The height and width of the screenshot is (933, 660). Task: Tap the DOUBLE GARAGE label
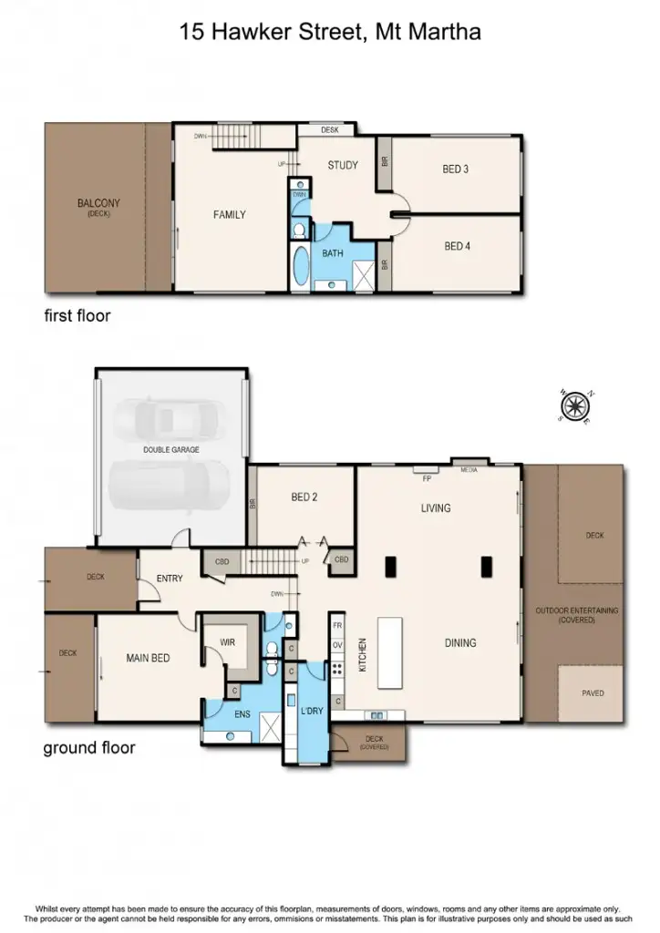[171, 449]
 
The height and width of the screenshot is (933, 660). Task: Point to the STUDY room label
[343, 165]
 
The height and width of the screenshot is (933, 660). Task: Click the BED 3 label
[456, 169]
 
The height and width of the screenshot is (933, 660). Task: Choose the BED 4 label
[457, 246]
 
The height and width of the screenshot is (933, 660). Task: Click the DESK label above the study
[329, 131]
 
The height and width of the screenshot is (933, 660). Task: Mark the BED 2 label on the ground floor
[304, 497]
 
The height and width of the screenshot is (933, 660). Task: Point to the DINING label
[460, 643]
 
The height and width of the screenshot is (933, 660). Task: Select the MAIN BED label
[148, 658]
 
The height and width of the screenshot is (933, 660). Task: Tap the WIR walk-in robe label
[228, 642]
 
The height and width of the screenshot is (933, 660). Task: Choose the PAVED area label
[592, 692]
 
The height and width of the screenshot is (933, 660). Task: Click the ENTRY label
[170, 578]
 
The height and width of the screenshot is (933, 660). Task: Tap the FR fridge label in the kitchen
[337, 626]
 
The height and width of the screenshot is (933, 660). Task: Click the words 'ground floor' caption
[89, 748]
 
